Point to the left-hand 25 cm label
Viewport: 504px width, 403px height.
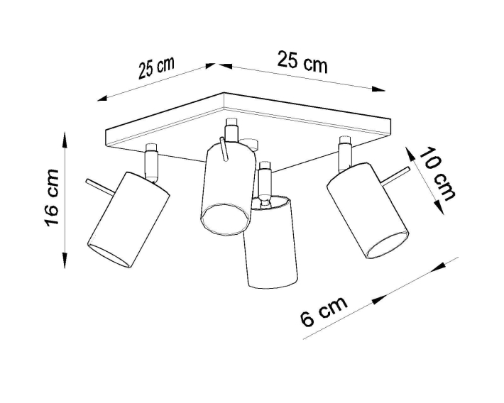[157, 68]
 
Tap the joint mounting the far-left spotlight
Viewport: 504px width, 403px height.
[151, 162]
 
